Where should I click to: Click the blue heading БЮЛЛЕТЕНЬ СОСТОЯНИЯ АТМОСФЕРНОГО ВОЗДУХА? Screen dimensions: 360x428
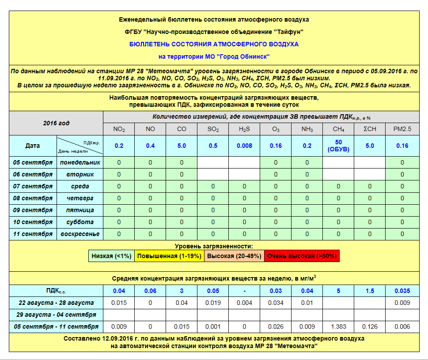214,44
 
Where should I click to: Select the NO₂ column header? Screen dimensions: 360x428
119,129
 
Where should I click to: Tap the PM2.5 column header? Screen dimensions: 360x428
402,129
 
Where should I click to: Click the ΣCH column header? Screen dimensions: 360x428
370,129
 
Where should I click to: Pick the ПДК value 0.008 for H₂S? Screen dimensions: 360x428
244,146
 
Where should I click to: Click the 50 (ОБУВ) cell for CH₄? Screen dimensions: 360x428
338,146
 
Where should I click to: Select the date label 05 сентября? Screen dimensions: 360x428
33,162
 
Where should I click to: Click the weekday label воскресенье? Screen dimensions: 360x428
80,234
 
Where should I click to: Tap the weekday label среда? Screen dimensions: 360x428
80,186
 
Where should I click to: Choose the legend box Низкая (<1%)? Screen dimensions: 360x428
111,256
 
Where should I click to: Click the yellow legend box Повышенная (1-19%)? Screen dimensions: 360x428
169,256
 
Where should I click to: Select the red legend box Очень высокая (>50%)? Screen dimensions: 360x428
302,256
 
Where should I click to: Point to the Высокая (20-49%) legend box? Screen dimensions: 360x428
234,256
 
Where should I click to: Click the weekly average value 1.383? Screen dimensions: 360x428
338,327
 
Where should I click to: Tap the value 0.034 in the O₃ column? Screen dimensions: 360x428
276,303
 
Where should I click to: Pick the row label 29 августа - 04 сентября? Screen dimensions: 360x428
56,315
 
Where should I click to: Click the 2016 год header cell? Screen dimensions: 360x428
56,123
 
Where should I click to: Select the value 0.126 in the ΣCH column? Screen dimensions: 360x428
370,327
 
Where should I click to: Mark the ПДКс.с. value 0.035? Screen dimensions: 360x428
402,291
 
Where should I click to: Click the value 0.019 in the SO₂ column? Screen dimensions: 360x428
213,303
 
